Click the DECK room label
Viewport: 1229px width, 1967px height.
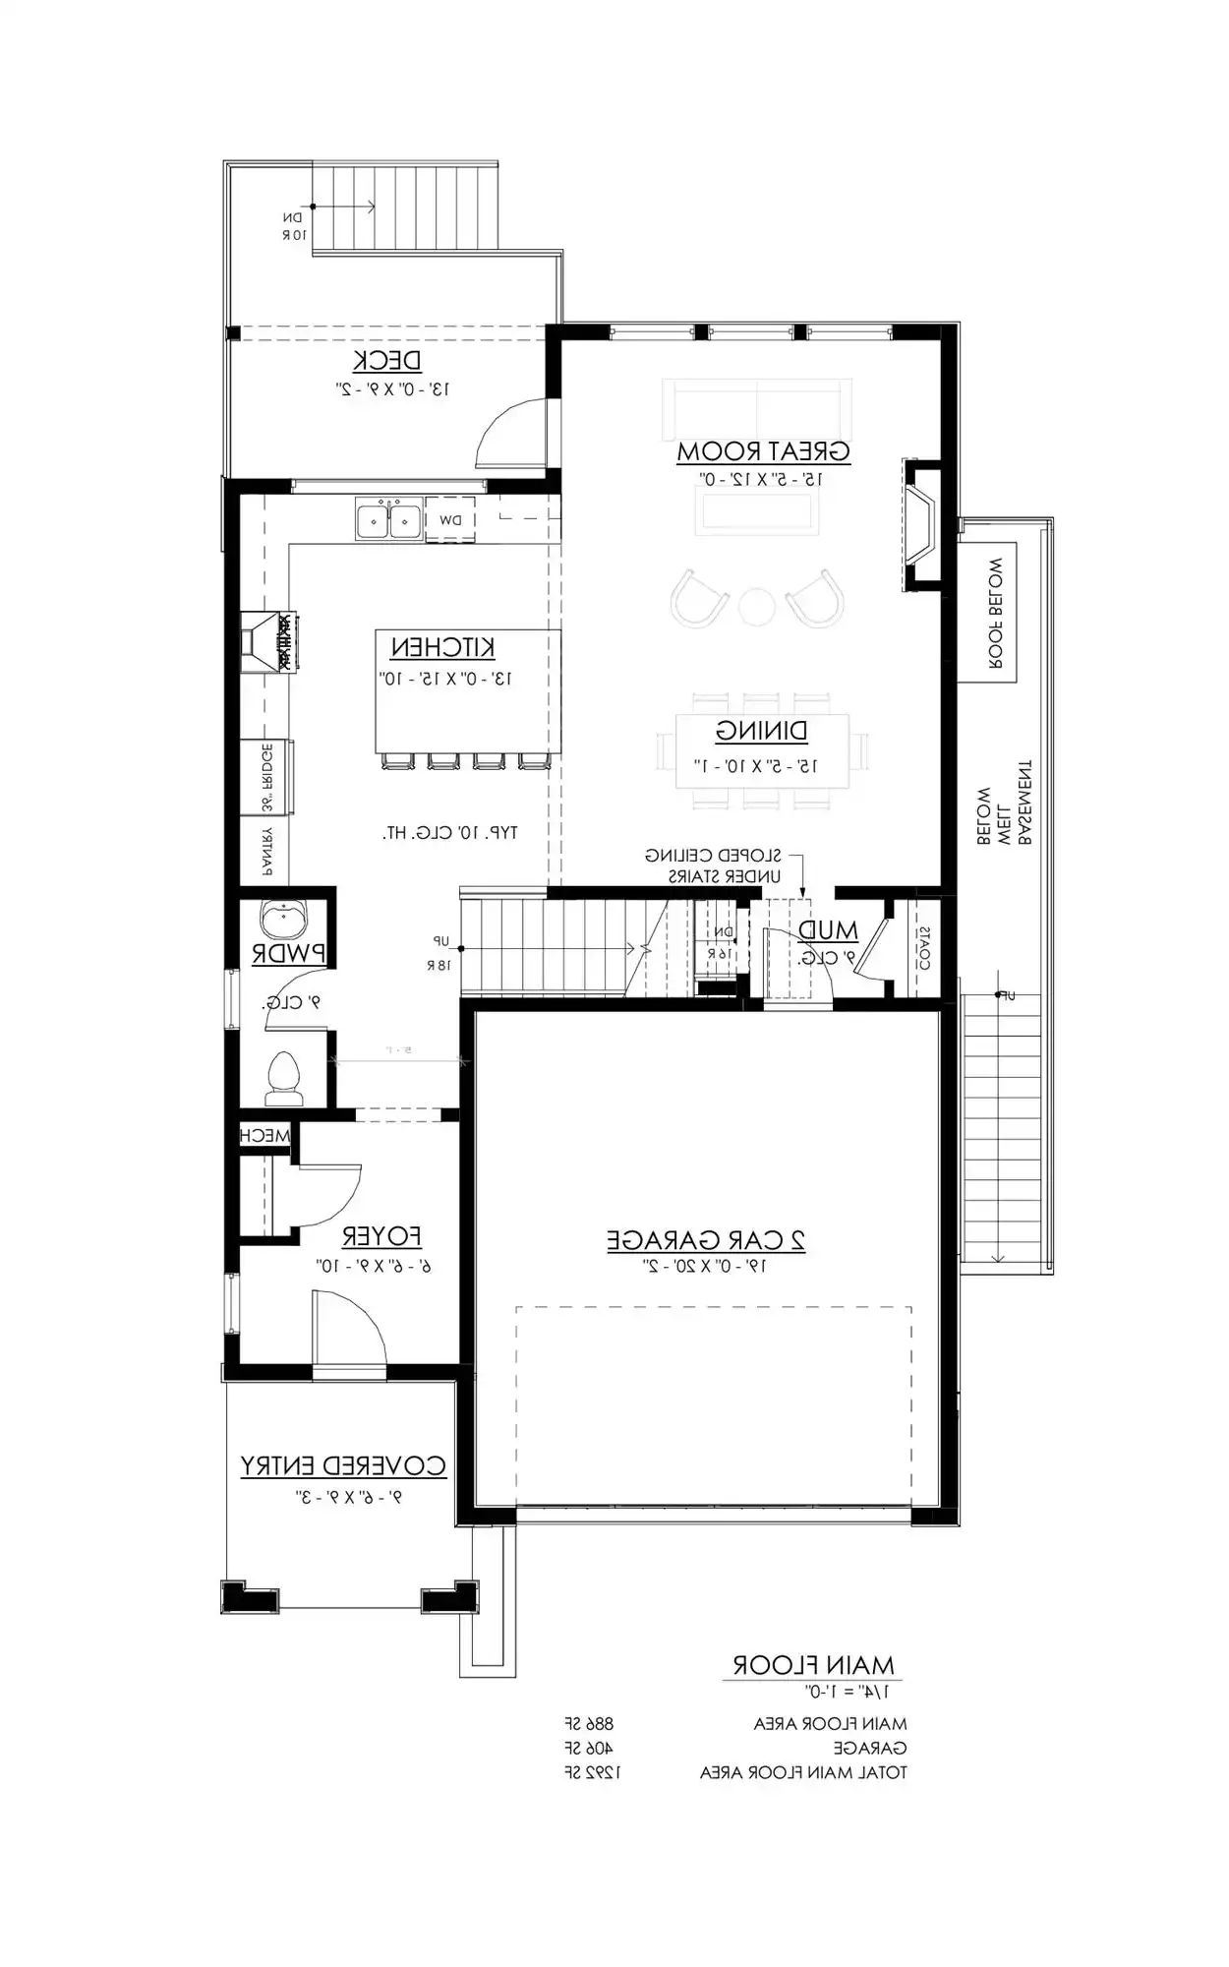[387, 361]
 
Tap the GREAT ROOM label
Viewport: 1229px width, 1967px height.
[763, 451]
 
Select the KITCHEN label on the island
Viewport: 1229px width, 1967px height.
[442, 648]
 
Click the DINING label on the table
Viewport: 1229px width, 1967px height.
[762, 732]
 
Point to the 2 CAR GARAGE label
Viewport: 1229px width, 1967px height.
[706, 1240]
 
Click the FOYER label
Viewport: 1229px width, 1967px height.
[381, 1236]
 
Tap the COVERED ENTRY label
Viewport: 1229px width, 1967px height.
[343, 1466]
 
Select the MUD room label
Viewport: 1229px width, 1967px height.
[828, 930]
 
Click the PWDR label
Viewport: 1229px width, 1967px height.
[289, 953]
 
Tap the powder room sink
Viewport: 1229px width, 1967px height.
[283, 921]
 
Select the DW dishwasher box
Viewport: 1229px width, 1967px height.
[450, 520]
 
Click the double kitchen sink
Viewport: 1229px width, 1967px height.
[389, 519]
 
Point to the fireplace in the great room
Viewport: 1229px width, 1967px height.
[921, 527]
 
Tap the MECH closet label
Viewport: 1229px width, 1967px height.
[265, 1136]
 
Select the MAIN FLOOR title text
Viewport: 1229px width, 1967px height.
[813, 1665]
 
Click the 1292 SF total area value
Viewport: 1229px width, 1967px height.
[593, 1772]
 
